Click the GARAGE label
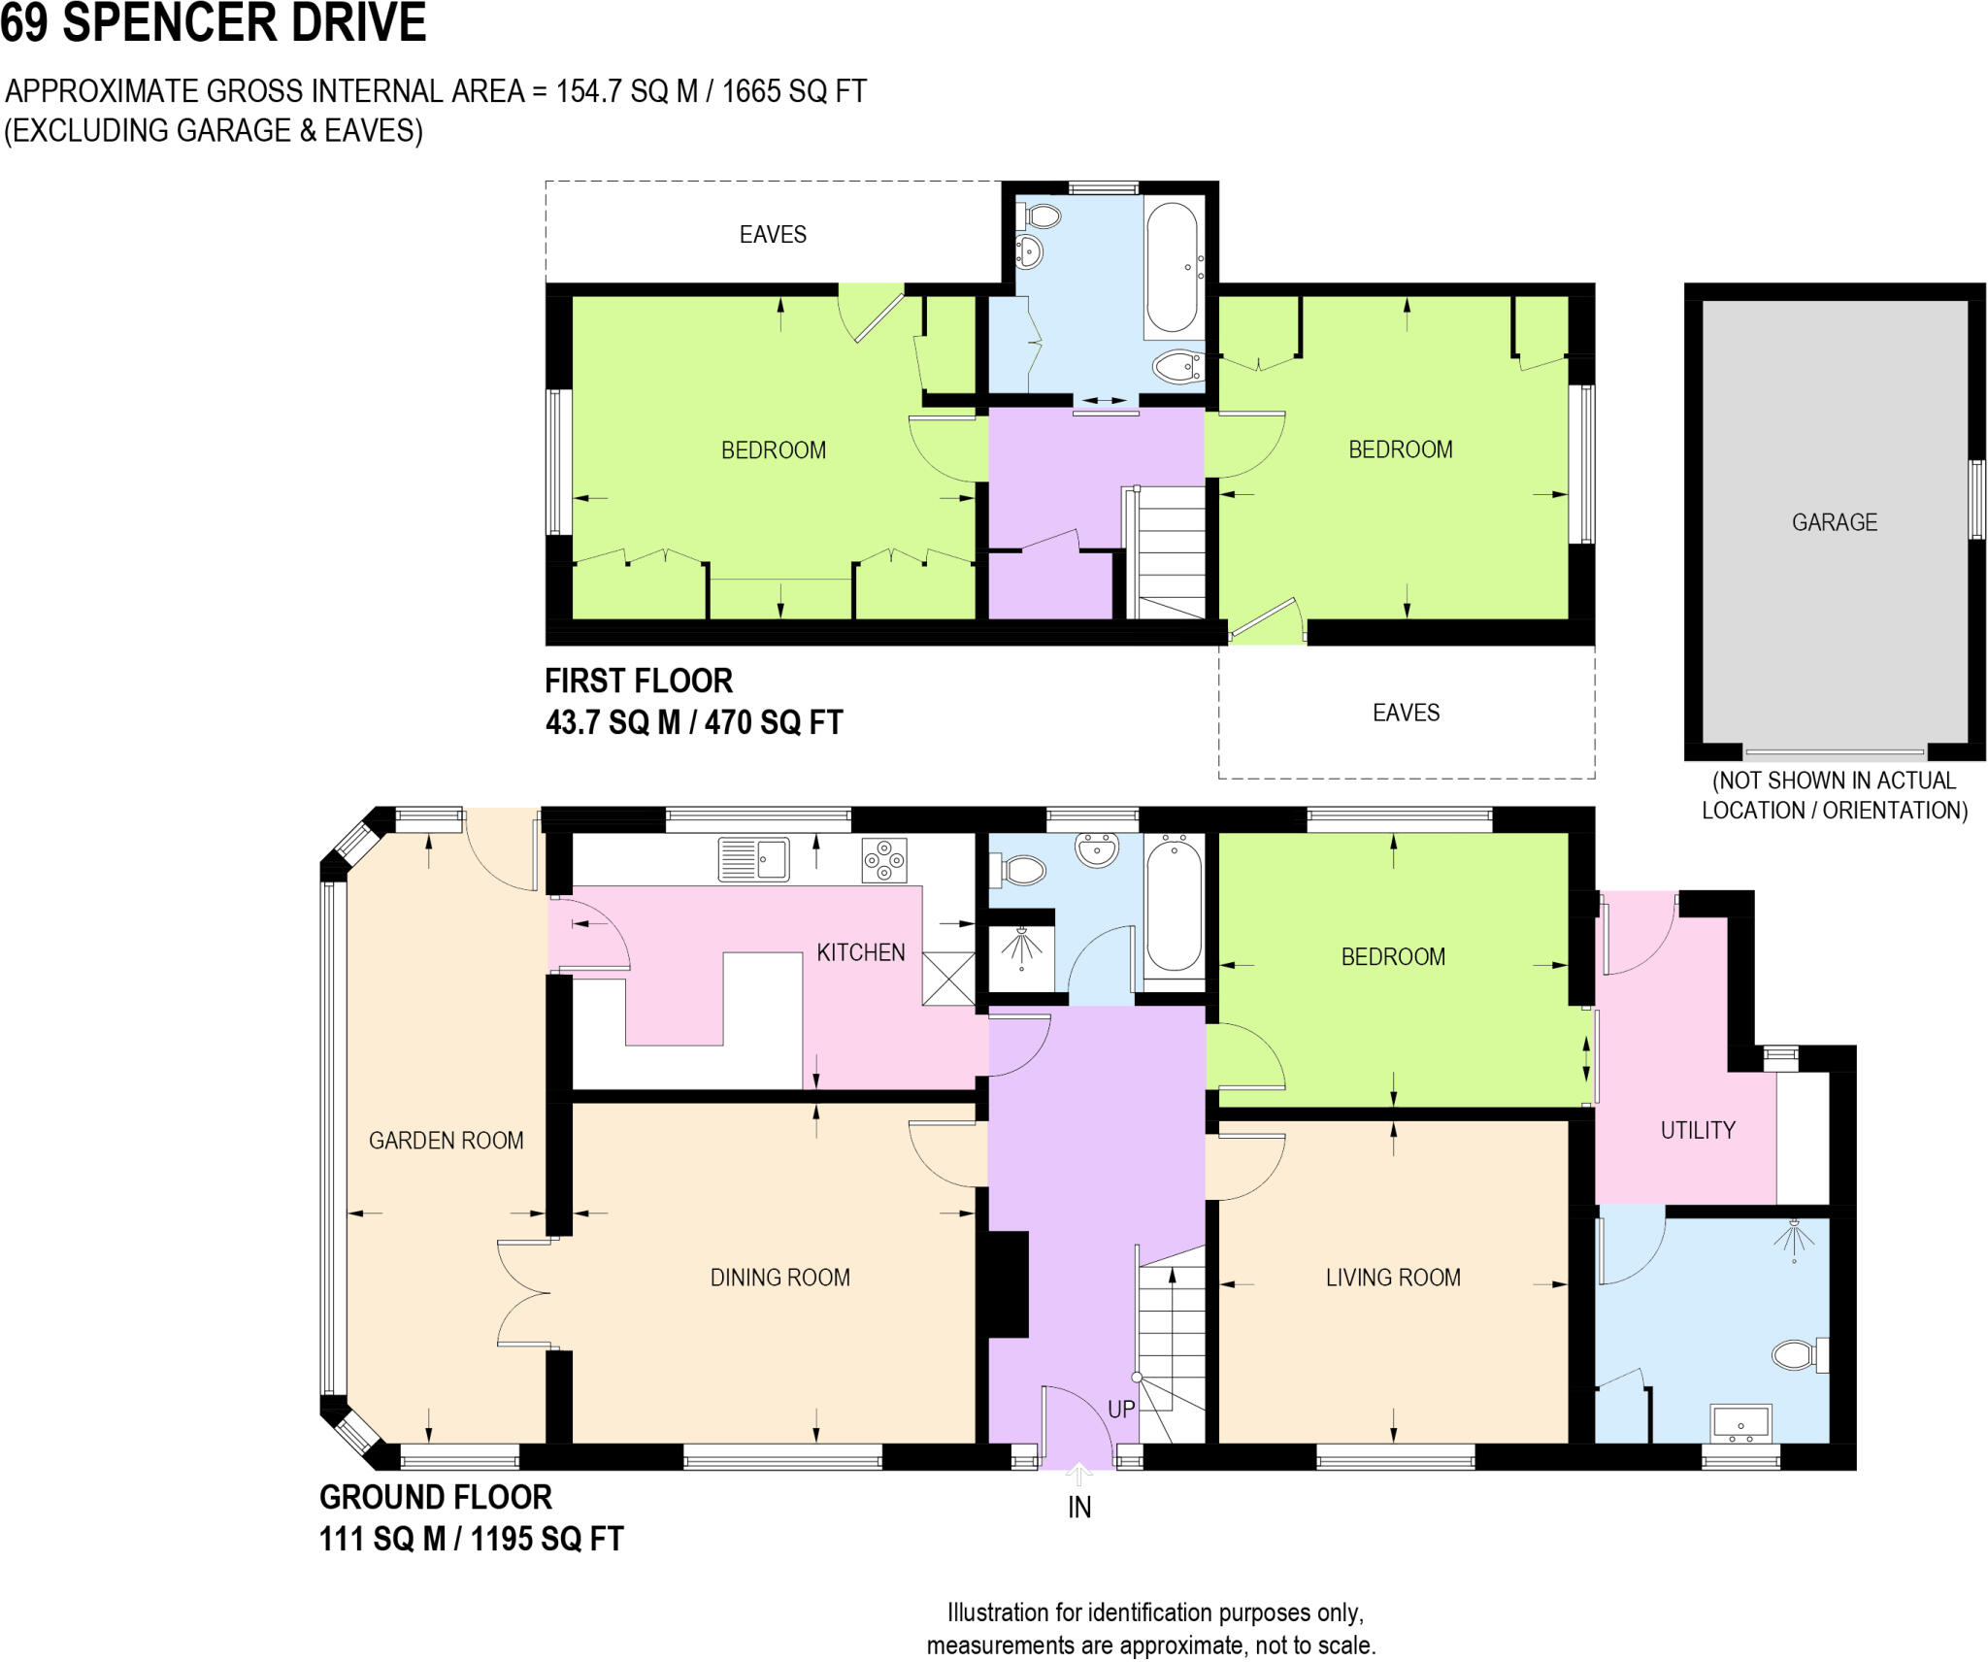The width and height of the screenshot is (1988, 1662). tap(1834, 522)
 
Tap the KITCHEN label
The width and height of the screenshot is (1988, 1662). tap(860, 952)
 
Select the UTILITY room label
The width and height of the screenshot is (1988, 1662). tap(1698, 1130)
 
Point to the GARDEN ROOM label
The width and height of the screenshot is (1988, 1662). tap(446, 1141)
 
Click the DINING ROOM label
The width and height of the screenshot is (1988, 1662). tap(779, 1278)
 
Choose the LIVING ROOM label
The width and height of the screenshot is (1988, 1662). tap(1393, 1278)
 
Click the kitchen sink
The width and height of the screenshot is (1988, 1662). tap(753, 860)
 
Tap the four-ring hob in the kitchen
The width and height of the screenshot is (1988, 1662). tap(883, 860)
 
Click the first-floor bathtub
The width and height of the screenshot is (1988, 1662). tap(1173, 268)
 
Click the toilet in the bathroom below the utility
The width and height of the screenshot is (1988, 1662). tap(1801, 1354)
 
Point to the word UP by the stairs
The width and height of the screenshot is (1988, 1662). tap(1121, 1410)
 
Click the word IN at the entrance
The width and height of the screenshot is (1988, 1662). tap(1079, 1508)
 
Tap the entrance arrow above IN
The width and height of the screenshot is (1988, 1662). tap(1078, 1475)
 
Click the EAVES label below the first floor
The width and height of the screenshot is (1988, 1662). tap(1406, 713)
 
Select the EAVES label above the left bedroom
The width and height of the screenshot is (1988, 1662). tap(773, 234)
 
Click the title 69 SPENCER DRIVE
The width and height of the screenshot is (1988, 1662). tap(214, 23)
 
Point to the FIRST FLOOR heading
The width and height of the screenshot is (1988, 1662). tap(639, 681)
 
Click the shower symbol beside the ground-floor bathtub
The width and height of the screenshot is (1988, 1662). tap(1021, 947)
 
